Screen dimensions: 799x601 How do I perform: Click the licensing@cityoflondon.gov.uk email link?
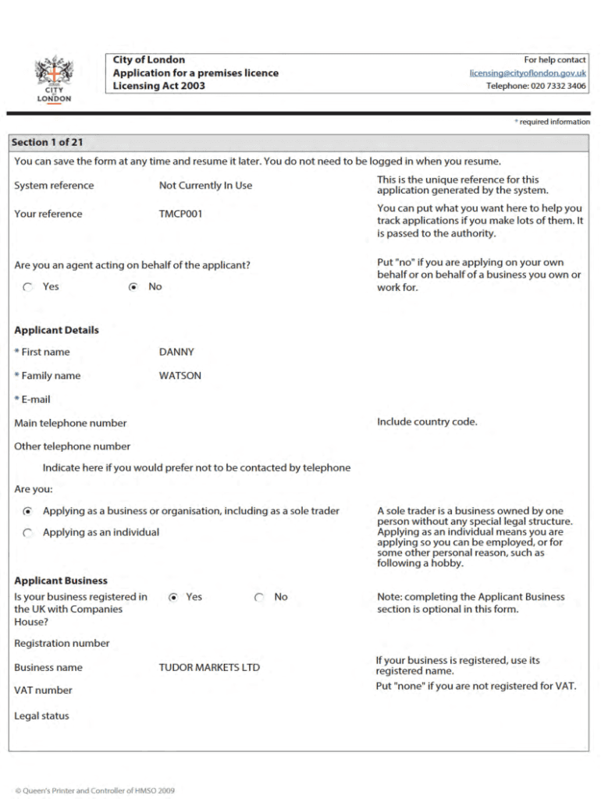pyautogui.click(x=528, y=73)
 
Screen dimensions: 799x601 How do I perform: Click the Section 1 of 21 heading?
pyautogui.click(x=47, y=143)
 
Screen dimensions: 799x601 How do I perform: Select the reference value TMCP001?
pyautogui.click(x=180, y=214)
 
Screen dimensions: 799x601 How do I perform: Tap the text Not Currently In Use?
pyautogui.click(x=205, y=186)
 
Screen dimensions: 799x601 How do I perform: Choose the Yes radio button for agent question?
pyautogui.click(x=28, y=287)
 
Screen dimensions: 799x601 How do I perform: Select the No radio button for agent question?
pyautogui.click(x=133, y=287)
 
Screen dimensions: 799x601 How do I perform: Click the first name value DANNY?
pyautogui.click(x=176, y=352)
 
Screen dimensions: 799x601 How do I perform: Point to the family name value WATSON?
pyautogui.click(x=180, y=375)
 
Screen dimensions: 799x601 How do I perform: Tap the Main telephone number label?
pyautogui.click(x=70, y=423)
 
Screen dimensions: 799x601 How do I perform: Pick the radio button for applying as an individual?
pyautogui.click(x=28, y=533)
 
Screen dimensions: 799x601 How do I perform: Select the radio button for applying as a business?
pyautogui.click(x=28, y=512)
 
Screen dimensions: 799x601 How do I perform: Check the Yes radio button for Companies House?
pyautogui.click(x=173, y=598)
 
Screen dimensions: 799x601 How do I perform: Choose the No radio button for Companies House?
pyautogui.click(x=259, y=598)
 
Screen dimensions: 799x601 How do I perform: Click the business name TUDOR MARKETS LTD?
pyautogui.click(x=209, y=668)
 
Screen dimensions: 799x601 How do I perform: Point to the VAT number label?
pyautogui.click(x=43, y=691)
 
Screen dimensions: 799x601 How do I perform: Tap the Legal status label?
pyautogui.click(x=41, y=716)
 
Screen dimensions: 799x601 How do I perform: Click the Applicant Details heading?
pyautogui.click(x=56, y=330)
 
